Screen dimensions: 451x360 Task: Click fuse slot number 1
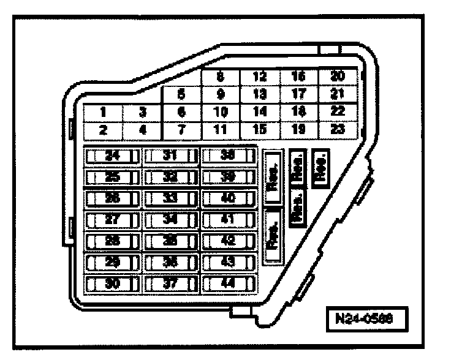click(x=104, y=113)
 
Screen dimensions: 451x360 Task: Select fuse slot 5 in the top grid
click(x=181, y=95)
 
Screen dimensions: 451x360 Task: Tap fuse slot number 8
click(x=220, y=77)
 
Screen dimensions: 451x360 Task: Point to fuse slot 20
click(x=336, y=77)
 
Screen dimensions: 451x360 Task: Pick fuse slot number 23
click(x=336, y=130)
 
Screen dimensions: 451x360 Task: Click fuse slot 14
click(x=259, y=112)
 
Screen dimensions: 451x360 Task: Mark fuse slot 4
click(x=142, y=130)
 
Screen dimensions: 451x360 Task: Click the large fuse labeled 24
click(x=113, y=156)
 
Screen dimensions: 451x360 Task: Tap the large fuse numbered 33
click(x=171, y=198)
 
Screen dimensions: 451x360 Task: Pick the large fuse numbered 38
click(x=229, y=156)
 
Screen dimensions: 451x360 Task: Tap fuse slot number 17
click(x=298, y=95)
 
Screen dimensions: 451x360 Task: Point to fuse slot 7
click(x=181, y=130)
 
